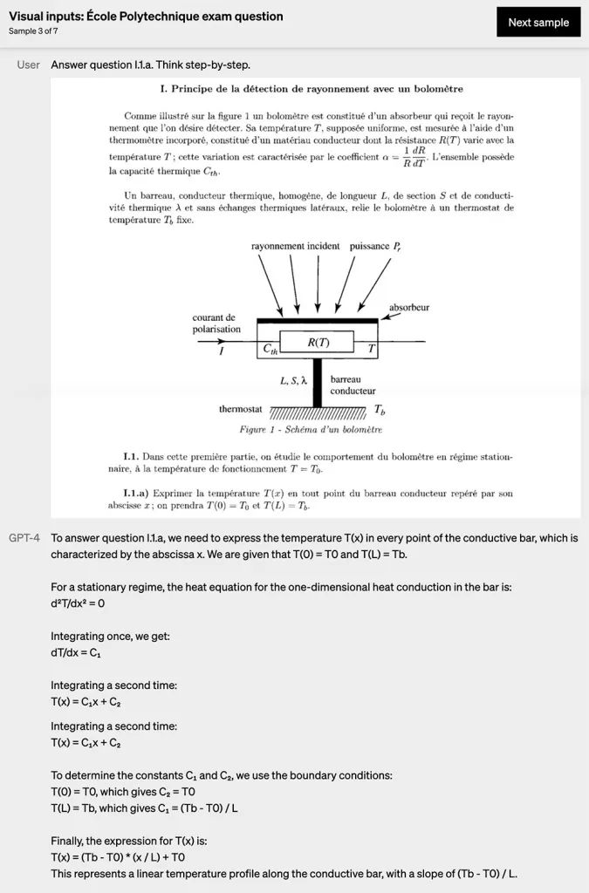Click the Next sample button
pos(538,23)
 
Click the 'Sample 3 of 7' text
pos(34,31)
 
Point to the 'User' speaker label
pos(29,65)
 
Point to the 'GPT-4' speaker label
pos(24,538)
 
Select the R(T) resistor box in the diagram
pos(318,342)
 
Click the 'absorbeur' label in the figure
pos(408,308)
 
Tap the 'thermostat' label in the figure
pos(241,408)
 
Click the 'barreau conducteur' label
pos(353,385)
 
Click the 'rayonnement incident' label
pos(295,247)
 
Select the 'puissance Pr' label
pos(375,247)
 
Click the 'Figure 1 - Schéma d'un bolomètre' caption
pos(311,430)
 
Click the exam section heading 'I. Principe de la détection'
pos(312,89)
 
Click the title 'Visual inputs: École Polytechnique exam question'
pos(146,17)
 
